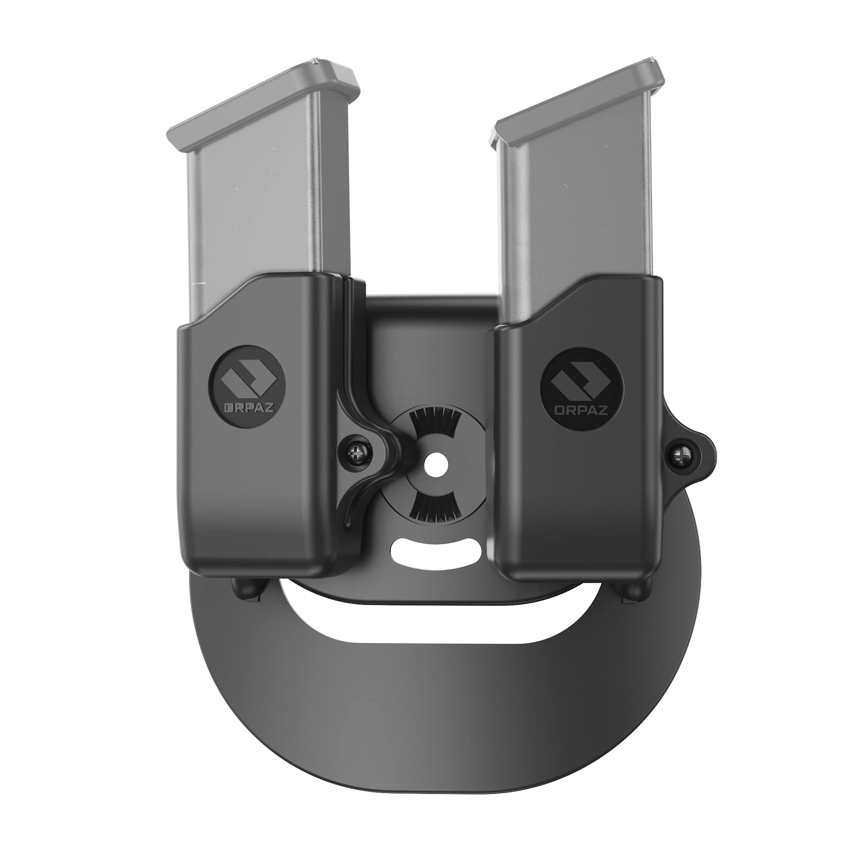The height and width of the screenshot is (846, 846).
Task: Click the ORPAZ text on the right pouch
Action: pos(581,411)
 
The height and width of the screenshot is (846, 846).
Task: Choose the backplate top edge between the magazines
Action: pos(430,301)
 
